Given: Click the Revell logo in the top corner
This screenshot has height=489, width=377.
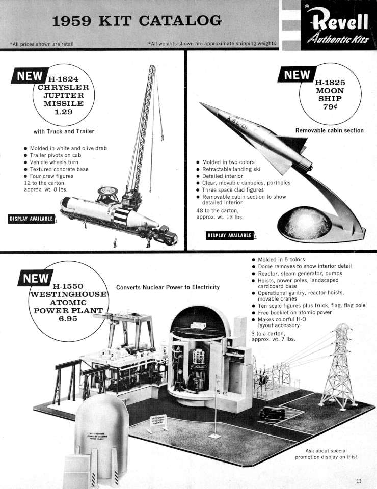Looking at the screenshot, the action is coord(339,25).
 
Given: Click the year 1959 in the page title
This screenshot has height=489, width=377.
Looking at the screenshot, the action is coord(71,21).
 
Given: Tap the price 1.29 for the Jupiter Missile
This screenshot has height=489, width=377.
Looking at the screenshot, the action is coord(64,112).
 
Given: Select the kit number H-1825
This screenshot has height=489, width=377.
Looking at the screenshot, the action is coord(330,83).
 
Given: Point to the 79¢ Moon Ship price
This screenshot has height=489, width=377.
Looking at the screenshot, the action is coord(330,107).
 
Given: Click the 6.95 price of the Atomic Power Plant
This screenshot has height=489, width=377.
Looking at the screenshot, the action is coord(68,319).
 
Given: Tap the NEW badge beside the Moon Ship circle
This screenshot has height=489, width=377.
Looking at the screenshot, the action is coord(297,75).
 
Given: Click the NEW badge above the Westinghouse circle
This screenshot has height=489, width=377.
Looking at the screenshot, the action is coord(36,278).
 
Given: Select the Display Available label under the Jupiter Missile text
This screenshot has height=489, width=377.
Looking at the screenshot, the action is coord(32,219).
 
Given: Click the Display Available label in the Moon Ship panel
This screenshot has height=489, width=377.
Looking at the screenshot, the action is coord(229,235).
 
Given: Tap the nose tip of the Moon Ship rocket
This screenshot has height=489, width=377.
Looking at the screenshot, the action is coord(200,103).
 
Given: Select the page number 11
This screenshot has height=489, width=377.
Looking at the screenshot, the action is coord(359,481).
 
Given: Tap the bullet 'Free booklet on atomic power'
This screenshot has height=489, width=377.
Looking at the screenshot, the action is coord(294,312).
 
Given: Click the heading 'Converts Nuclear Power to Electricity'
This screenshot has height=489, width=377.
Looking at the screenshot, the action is coord(168,287).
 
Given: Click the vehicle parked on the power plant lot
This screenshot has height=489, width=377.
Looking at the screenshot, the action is coord(272,413).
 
